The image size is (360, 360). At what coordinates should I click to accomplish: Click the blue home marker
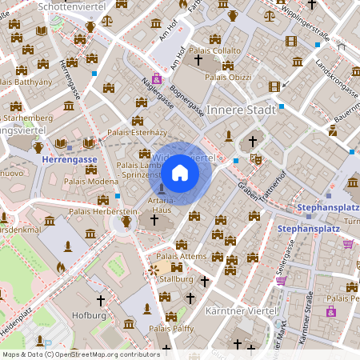pyautogui.click(x=180, y=172)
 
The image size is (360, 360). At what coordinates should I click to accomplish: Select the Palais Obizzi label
pyautogui.click(x=228, y=77)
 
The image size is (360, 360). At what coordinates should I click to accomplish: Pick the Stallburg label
pyautogui.click(x=176, y=279)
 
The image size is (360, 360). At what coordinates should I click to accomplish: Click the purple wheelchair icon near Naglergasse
pyautogui.click(x=157, y=78)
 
